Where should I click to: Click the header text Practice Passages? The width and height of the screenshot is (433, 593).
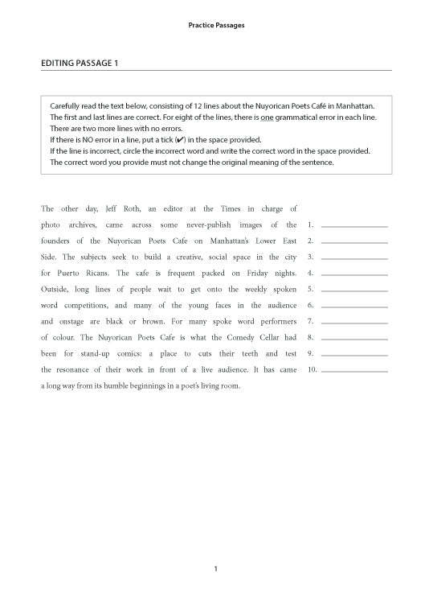[216, 26]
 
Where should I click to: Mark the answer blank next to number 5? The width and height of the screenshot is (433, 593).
[353, 290]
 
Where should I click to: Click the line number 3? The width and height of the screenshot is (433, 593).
[310, 257]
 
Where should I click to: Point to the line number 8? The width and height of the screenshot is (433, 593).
[310, 337]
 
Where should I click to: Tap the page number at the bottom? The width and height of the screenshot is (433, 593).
[216, 570]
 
